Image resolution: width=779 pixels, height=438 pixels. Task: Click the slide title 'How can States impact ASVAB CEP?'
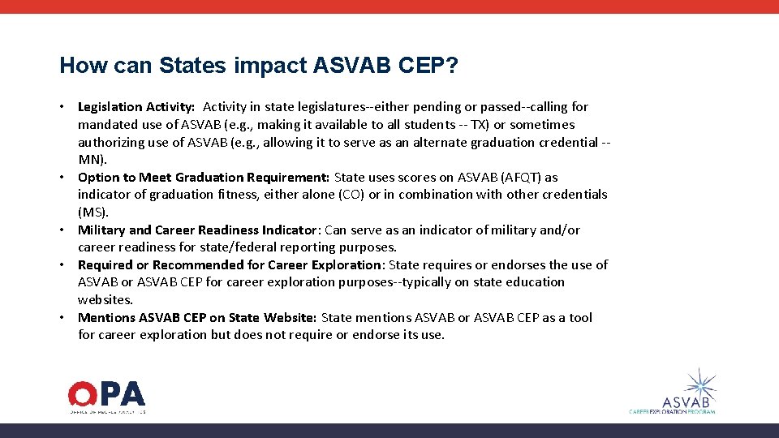point(259,66)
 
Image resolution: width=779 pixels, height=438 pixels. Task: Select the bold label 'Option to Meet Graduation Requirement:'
point(204,177)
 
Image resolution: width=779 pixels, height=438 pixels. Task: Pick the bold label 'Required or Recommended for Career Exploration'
point(230,265)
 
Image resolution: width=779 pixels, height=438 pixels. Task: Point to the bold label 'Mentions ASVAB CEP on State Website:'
point(198,318)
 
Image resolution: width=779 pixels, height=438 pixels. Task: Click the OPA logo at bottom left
point(106,396)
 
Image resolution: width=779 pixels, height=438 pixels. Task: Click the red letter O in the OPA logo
point(82,394)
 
